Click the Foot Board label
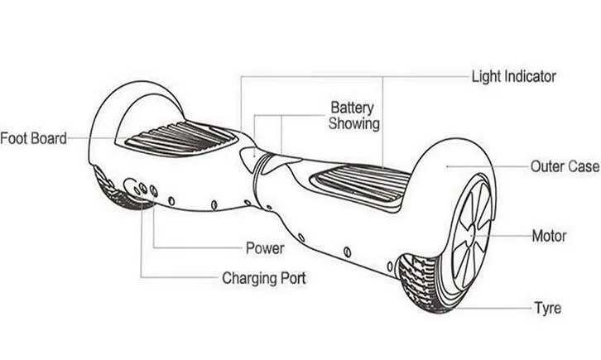click(x=33, y=138)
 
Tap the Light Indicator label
click(x=513, y=77)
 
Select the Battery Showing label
click(x=353, y=116)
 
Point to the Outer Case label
click(x=565, y=166)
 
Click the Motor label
click(x=549, y=236)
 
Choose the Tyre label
click(x=548, y=309)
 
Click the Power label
click(x=265, y=248)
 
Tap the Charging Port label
click(x=264, y=278)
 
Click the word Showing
click(x=353, y=123)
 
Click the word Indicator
click(x=529, y=77)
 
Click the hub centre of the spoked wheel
click(x=471, y=233)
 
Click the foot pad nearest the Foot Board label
click(x=181, y=139)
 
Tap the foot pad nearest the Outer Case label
click(x=359, y=185)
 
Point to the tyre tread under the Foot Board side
click(x=119, y=191)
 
